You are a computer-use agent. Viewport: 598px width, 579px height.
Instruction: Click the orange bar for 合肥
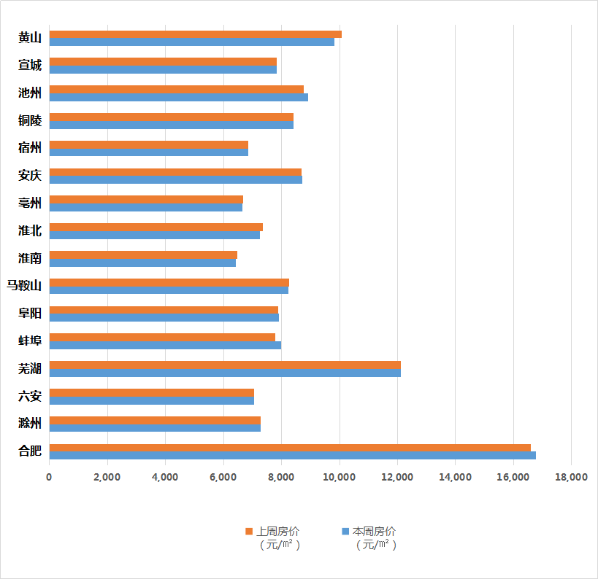(290, 447)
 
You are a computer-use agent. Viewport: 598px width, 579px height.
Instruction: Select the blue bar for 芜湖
(225, 373)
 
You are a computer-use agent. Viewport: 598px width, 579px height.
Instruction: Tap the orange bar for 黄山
(195, 34)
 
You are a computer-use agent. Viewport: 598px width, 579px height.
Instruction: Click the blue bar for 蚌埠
(165, 345)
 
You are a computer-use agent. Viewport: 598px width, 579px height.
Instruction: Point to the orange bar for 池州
(176, 89)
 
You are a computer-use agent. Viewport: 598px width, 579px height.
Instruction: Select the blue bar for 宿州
(148, 152)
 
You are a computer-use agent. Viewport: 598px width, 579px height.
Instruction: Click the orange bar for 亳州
(146, 199)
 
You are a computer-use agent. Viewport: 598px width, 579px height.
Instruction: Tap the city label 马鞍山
(24, 285)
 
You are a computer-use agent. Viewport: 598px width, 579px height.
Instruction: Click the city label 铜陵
(30, 120)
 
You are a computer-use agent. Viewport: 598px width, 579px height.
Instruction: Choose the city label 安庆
(30, 175)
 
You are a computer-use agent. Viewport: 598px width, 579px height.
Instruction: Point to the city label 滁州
(30, 424)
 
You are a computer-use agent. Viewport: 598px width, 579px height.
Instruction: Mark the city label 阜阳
(30, 313)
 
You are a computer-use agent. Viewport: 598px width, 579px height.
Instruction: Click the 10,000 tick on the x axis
(340, 477)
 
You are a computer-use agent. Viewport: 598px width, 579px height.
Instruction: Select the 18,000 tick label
(571, 477)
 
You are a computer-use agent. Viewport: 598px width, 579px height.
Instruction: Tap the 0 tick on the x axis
(49, 477)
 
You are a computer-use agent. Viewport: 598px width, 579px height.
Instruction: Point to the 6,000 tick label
(223, 477)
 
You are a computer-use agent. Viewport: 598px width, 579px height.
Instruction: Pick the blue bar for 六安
(151, 400)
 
